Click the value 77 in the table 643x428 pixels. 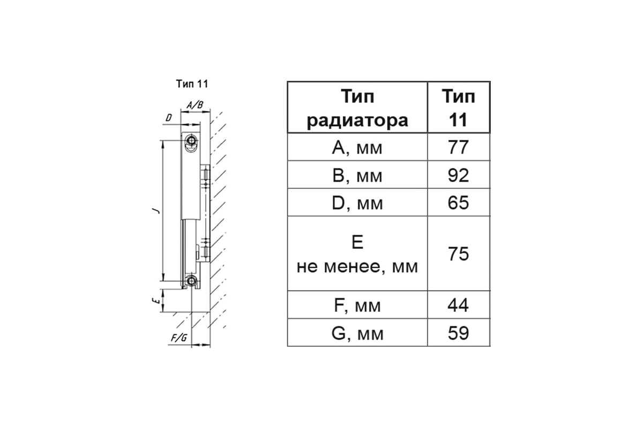(458, 147)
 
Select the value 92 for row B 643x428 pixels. (458, 175)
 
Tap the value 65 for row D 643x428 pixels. (458, 203)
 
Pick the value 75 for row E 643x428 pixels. (458, 254)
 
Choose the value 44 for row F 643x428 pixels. (458, 305)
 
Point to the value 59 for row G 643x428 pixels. (458, 333)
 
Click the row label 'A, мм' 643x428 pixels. (357, 147)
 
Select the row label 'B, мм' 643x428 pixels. (357, 175)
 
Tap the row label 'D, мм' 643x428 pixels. (357, 203)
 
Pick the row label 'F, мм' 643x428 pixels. (357, 305)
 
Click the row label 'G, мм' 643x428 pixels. (357, 333)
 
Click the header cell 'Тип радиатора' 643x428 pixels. (357, 108)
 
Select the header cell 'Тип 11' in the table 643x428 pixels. (458, 108)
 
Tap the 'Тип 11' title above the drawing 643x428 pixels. (191, 84)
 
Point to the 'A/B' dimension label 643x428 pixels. (195, 105)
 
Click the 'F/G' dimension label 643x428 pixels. (178, 338)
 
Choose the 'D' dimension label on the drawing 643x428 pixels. (168, 117)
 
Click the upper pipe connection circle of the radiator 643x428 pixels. (190, 141)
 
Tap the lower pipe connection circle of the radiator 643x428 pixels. (190, 281)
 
